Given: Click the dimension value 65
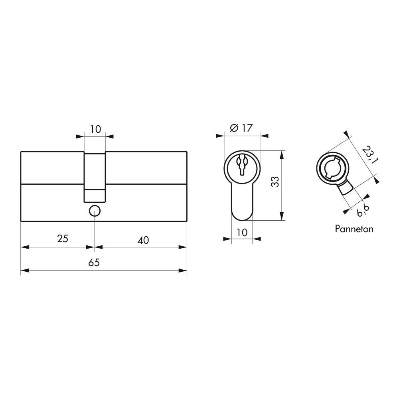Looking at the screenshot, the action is (94, 263).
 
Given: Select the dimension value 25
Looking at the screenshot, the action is (63, 239).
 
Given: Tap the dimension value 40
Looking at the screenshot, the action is (143, 240).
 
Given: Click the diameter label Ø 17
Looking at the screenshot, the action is (241, 128).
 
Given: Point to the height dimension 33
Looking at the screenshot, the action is (275, 182).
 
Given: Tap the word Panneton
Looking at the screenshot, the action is (354, 229).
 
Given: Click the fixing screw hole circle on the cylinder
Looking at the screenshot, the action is (95, 211).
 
